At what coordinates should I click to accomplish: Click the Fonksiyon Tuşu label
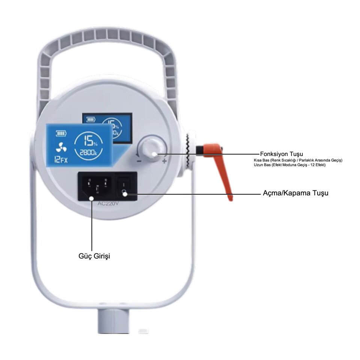tap(282, 154)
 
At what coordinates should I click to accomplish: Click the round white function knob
tap(151, 149)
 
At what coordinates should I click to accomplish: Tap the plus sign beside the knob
tap(164, 161)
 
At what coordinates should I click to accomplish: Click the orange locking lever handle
tap(221, 165)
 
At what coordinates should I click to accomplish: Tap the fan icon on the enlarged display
tap(60, 147)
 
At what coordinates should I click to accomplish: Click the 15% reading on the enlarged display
tap(90, 141)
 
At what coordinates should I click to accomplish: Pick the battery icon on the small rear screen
tap(91, 120)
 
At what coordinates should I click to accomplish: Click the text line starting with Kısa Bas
tap(298, 160)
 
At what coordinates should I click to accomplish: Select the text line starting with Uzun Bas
tap(289, 165)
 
